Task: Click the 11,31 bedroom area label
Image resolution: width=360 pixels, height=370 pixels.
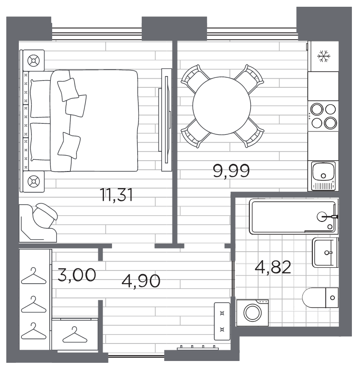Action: click(x=116, y=195)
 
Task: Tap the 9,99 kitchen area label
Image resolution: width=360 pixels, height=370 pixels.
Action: click(x=231, y=171)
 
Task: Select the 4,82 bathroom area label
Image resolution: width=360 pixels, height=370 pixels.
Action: click(x=273, y=267)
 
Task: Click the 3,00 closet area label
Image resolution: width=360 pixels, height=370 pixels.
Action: click(x=76, y=274)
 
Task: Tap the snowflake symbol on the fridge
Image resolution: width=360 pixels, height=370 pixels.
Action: click(x=323, y=56)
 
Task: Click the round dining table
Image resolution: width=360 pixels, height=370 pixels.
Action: click(x=222, y=106)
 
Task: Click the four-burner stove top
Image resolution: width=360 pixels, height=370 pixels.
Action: click(x=323, y=115)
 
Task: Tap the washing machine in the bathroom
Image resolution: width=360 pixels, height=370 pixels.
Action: click(x=250, y=312)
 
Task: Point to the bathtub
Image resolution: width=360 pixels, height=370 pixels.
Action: click(x=292, y=217)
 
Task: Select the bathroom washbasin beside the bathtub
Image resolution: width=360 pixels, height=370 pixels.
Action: click(x=324, y=253)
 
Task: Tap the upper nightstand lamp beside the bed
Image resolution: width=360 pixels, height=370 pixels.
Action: click(x=33, y=60)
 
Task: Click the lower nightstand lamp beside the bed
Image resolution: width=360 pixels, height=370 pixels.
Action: click(x=33, y=181)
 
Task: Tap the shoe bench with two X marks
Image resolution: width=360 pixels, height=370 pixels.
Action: click(x=222, y=320)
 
